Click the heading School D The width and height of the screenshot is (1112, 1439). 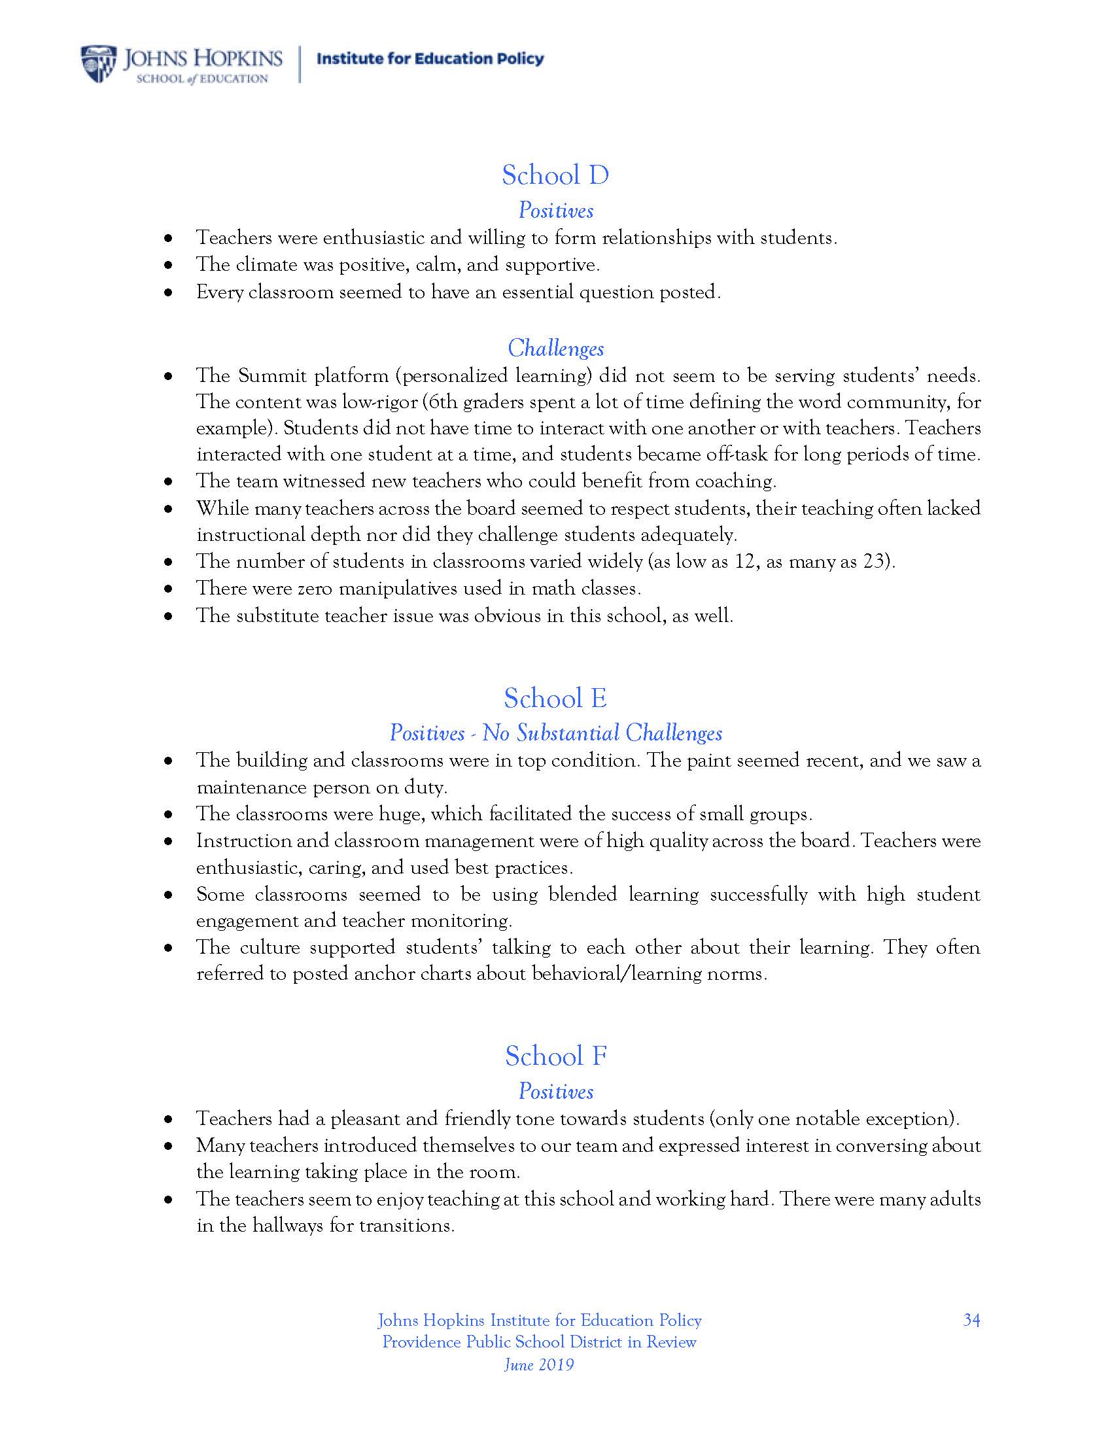(555, 175)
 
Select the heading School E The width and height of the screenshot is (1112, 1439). (555, 699)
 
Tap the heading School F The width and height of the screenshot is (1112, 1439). (555, 1056)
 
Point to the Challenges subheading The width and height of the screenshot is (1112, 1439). (555, 348)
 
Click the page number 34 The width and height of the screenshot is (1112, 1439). (971, 1320)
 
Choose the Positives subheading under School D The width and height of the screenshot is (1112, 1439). (555, 210)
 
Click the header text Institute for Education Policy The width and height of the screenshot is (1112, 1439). (430, 60)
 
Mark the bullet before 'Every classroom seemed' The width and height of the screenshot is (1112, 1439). (169, 292)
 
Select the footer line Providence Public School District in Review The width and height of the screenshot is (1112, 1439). (539, 1342)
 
